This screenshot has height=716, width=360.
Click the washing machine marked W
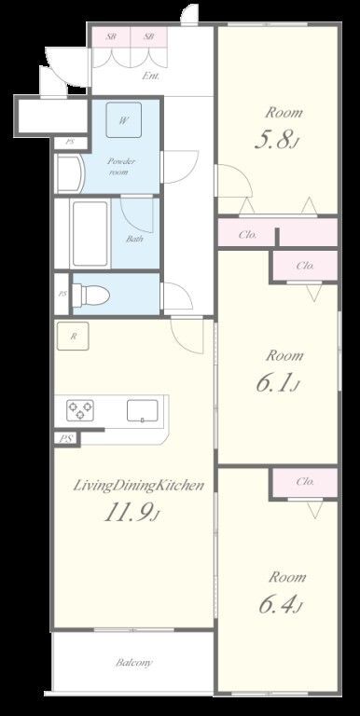[124, 119]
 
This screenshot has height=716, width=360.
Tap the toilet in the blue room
[91, 294]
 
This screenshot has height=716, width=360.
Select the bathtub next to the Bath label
[90, 233]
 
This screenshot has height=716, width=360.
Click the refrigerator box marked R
[73, 337]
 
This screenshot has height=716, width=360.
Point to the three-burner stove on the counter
[80, 409]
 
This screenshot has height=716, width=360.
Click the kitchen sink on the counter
[143, 410]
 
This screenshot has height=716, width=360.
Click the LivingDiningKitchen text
[138, 486]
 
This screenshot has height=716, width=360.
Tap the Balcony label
[134, 662]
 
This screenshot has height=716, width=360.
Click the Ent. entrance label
[151, 76]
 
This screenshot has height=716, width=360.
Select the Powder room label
[121, 166]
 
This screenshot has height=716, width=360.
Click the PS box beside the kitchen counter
[67, 438]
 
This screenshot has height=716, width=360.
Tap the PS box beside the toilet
[62, 294]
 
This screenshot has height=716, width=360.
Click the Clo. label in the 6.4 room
[305, 481]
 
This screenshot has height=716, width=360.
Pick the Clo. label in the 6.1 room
[305, 266]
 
